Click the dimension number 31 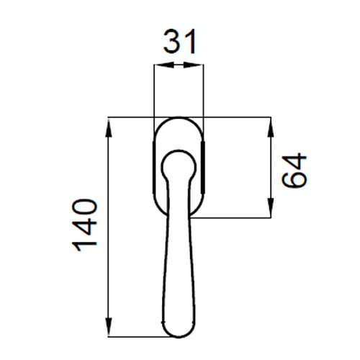pos(180,42)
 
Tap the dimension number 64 pos(294,170)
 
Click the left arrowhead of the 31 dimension pos(163,65)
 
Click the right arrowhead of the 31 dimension pos(194,65)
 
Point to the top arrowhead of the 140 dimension pos(109,128)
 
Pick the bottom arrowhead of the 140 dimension pos(109,327)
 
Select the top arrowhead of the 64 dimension pos(271,128)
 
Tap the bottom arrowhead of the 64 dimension pos(271,207)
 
